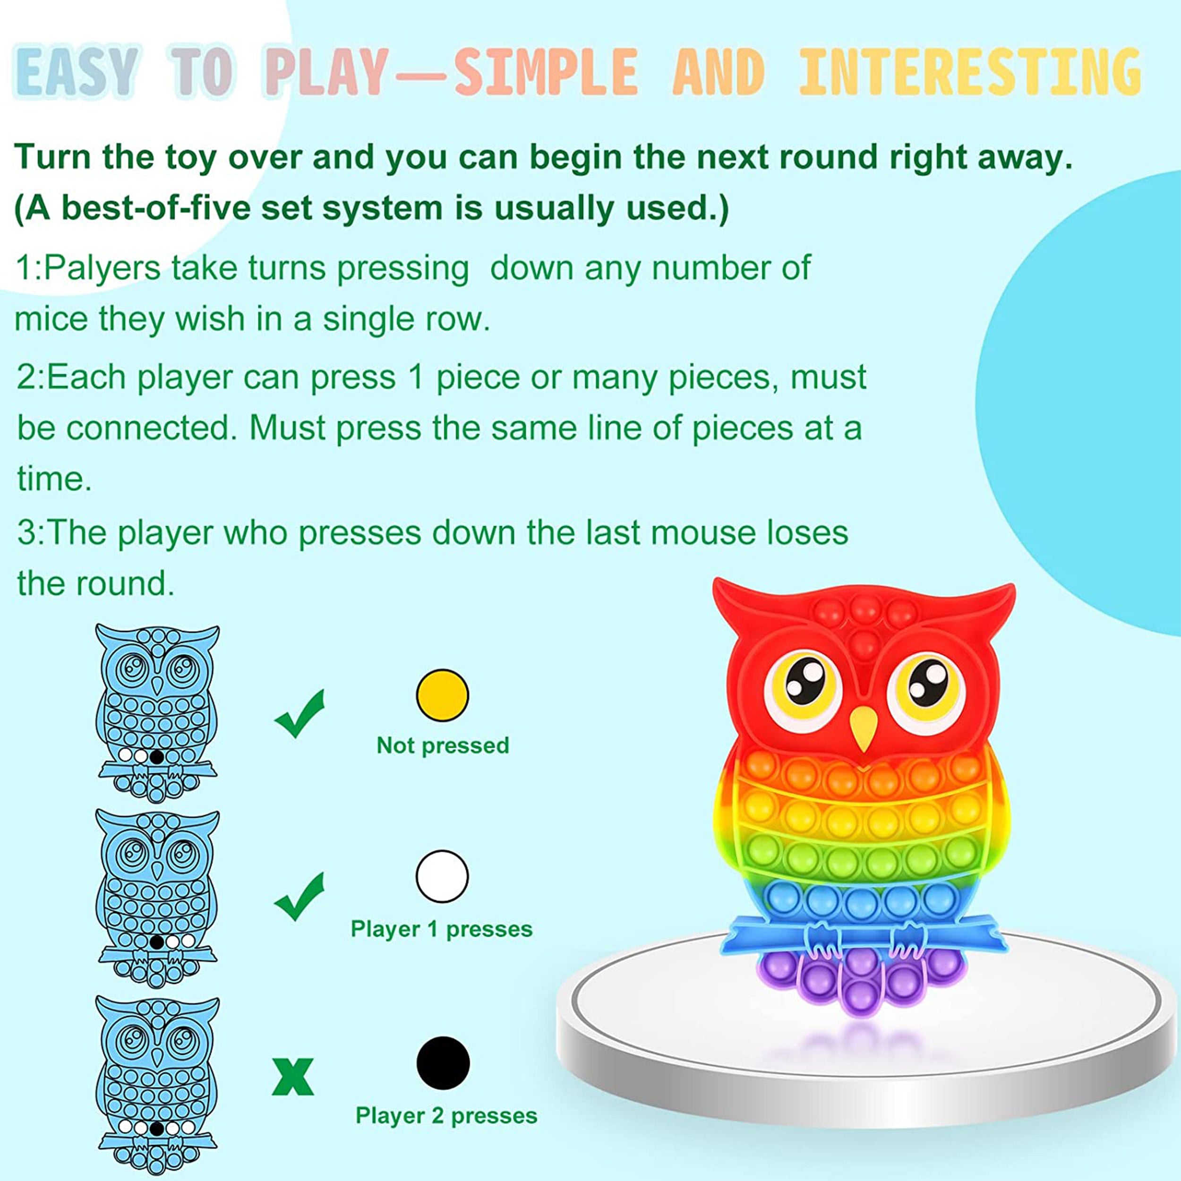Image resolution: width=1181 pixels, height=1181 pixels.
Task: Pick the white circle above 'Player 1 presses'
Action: pyautogui.click(x=443, y=876)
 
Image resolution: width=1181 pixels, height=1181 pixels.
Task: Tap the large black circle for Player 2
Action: pyautogui.click(x=443, y=1063)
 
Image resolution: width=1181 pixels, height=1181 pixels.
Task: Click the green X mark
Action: pyautogui.click(x=293, y=1077)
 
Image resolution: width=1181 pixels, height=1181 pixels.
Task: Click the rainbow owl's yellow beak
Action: pyautogui.click(x=863, y=728)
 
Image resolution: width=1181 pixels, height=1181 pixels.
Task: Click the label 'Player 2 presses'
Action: pyautogui.click(x=446, y=1116)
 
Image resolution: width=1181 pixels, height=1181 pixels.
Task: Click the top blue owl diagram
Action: pyautogui.click(x=157, y=712)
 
